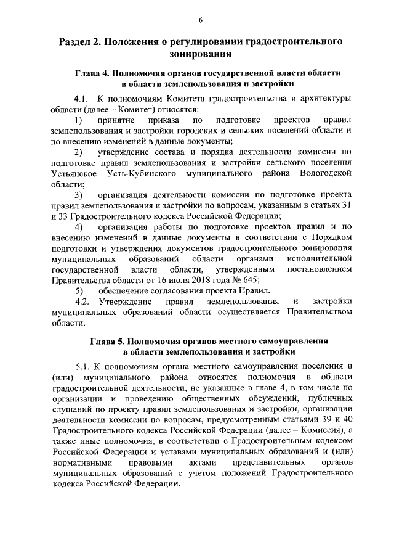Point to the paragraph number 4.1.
82,99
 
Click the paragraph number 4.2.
82,301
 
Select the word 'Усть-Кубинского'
143,173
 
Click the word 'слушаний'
70,409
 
